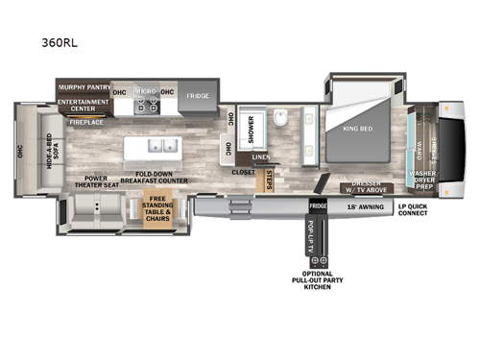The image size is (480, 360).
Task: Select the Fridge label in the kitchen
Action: coord(198,96)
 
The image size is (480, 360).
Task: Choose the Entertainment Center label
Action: coord(84,105)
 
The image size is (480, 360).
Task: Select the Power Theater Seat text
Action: coord(108,181)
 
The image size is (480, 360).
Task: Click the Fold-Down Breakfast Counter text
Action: coord(154,176)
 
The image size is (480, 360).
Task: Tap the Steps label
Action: coord(270,180)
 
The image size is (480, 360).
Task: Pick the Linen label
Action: coord(261,156)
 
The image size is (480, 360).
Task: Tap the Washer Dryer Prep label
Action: coord(422,180)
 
